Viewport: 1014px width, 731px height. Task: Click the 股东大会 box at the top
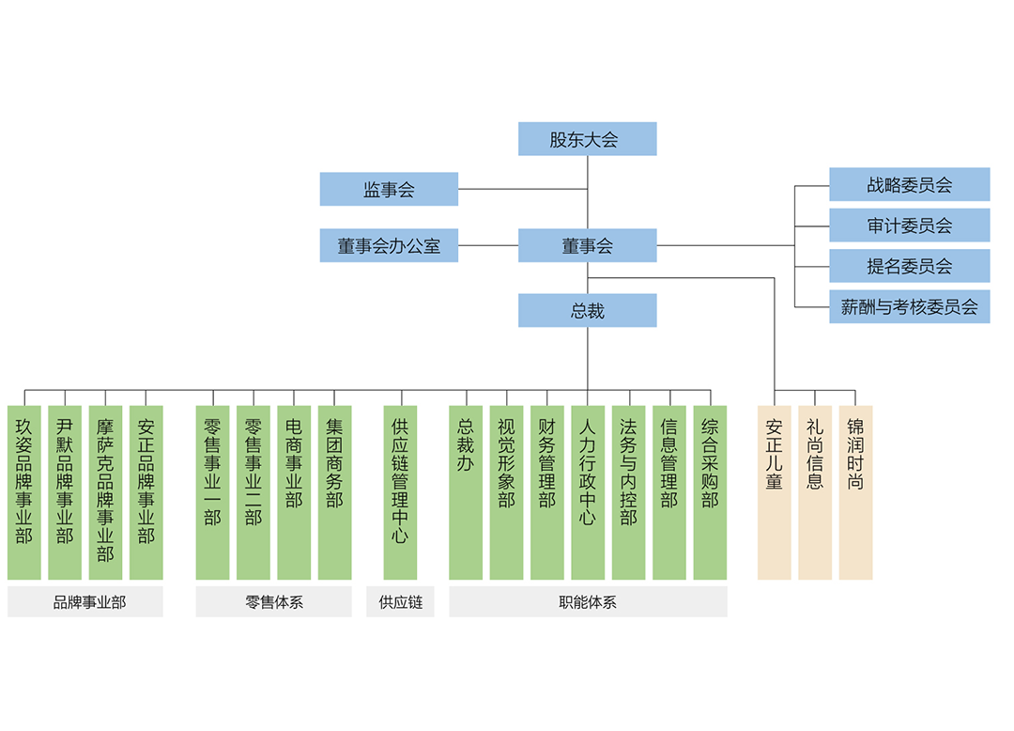(x=587, y=139)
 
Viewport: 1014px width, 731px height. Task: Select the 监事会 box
(x=389, y=189)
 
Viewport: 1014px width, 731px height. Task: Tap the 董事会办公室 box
(x=389, y=245)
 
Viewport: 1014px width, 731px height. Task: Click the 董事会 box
(x=587, y=245)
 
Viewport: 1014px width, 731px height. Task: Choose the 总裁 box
(x=587, y=310)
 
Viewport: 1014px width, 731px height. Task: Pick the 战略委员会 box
(x=909, y=184)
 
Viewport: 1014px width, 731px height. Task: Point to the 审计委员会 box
(x=909, y=226)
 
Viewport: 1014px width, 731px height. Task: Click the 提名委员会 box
(x=909, y=266)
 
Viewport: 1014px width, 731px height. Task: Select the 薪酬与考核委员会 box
(x=909, y=306)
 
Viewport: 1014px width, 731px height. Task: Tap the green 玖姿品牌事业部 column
(x=24, y=492)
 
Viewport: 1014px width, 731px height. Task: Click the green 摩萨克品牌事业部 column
(x=105, y=492)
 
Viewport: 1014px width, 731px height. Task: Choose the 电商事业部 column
(x=294, y=492)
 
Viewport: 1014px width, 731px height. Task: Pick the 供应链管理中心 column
(x=400, y=492)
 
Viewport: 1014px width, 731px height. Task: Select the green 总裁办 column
(x=466, y=492)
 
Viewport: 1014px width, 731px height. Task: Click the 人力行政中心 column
(x=588, y=492)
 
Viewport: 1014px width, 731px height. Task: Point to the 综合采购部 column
(x=710, y=492)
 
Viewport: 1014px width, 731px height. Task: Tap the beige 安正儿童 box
(x=775, y=492)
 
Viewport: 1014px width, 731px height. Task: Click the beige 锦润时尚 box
(x=855, y=492)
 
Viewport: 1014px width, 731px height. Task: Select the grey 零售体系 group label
(x=273, y=602)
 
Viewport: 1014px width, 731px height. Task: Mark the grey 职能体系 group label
(x=588, y=602)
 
